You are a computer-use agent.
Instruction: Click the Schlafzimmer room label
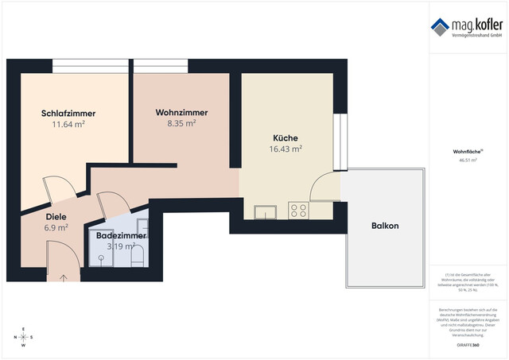click(68, 113)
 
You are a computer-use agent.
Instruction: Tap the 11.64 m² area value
click(68, 125)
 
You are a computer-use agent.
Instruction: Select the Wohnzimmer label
click(181, 113)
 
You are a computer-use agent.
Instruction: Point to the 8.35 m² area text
click(181, 124)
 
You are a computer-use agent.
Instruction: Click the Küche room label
click(286, 137)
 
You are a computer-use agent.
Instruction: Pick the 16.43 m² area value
click(286, 149)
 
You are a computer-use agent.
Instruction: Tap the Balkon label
click(384, 226)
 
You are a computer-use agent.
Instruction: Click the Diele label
click(56, 216)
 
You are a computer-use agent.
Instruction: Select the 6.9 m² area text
click(56, 228)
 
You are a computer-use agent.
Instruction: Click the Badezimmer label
click(120, 236)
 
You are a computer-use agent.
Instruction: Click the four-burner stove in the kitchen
click(298, 211)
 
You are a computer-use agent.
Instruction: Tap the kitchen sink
click(264, 211)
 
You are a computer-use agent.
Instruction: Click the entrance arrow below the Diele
click(63, 278)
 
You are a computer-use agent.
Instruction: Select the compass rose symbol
click(24, 337)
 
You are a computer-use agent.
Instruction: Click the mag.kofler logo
click(467, 27)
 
